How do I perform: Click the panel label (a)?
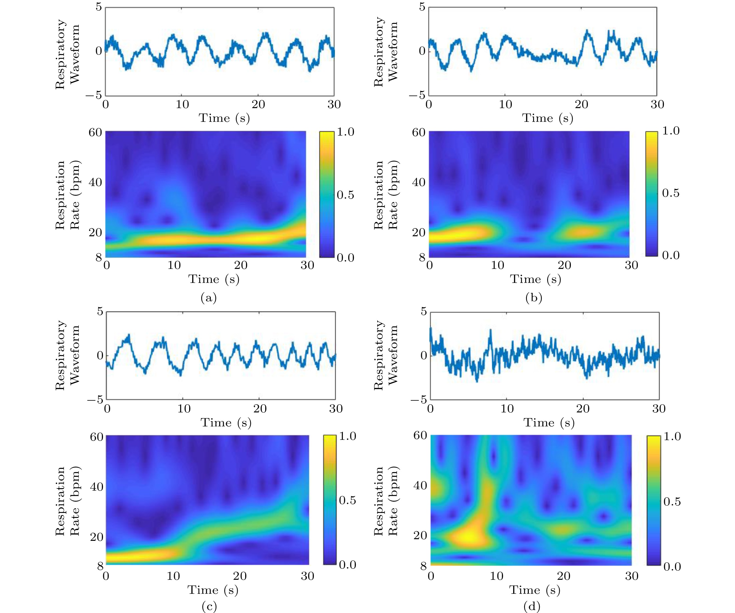(209, 298)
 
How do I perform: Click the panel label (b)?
(534, 298)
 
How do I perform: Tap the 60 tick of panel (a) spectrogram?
(95, 133)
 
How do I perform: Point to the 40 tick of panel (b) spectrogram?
(419, 182)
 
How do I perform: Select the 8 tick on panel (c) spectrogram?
(100, 566)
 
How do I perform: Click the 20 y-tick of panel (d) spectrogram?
(420, 535)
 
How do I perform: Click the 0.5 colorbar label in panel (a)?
(345, 195)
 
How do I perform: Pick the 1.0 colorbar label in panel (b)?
(670, 131)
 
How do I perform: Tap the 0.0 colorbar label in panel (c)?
(347, 564)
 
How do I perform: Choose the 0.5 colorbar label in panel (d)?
(672, 501)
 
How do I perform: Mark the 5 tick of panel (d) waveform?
(423, 311)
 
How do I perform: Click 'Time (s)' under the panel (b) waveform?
(548, 118)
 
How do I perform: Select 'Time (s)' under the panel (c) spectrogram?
(213, 590)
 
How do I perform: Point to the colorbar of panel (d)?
(653, 500)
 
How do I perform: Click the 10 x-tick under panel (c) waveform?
(184, 409)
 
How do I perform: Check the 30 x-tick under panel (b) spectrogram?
(631, 265)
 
